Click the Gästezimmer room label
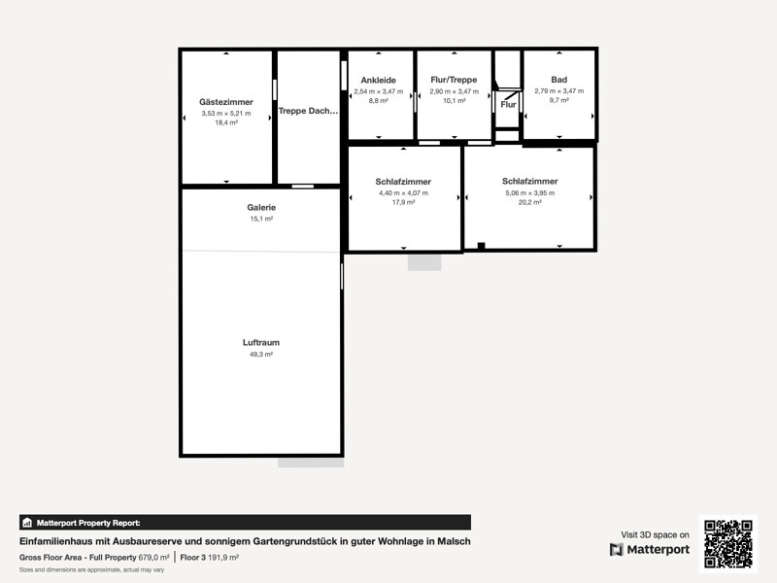coord(226,102)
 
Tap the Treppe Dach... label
coord(308,111)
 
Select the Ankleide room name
coord(378,80)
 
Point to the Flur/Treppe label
coord(454,80)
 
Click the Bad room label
coord(559,80)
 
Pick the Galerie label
coord(261,207)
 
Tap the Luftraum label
coord(261,343)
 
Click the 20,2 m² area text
coord(529,202)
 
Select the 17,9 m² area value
coord(403,202)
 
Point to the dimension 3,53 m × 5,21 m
coord(226,114)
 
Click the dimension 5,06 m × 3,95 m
coord(529,192)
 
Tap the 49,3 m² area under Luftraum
coord(261,355)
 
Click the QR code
coord(727,544)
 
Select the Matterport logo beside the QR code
coord(650,549)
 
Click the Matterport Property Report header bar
coord(246,523)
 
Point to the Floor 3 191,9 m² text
coord(209,557)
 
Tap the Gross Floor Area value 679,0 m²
coord(153,557)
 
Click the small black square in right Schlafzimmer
coord(481,246)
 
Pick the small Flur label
coord(508,105)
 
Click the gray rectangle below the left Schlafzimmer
coord(424,262)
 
